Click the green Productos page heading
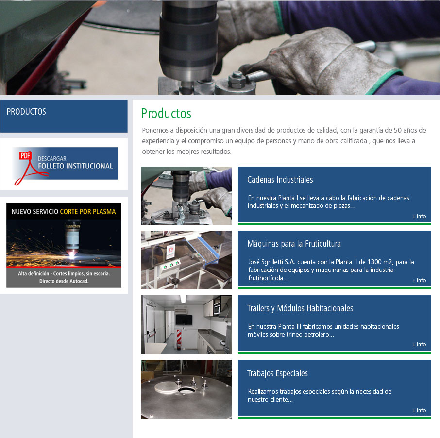(166, 113)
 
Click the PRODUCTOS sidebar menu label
(26, 112)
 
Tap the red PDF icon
(25, 155)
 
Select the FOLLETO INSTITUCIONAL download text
(75, 166)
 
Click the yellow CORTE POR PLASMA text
(88, 212)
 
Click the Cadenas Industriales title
(280, 180)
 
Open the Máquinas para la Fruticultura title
(294, 244)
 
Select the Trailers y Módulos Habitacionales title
(300, 308)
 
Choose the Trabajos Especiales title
(277, 373)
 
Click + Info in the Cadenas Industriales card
(419, 217)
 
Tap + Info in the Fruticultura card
(419, 280)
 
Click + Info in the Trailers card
(419, 345)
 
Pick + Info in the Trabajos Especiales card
(419, 410)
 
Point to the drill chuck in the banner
(188, 42)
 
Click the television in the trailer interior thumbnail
(184, 320)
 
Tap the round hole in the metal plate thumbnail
(186, 390)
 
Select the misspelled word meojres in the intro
(187, 152)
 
